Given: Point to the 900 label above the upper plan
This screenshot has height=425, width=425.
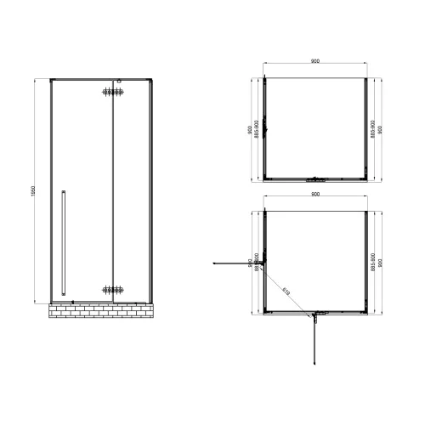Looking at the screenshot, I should (x=315, y=60).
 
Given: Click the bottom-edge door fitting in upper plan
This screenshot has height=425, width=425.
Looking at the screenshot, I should (x=315, y=178).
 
